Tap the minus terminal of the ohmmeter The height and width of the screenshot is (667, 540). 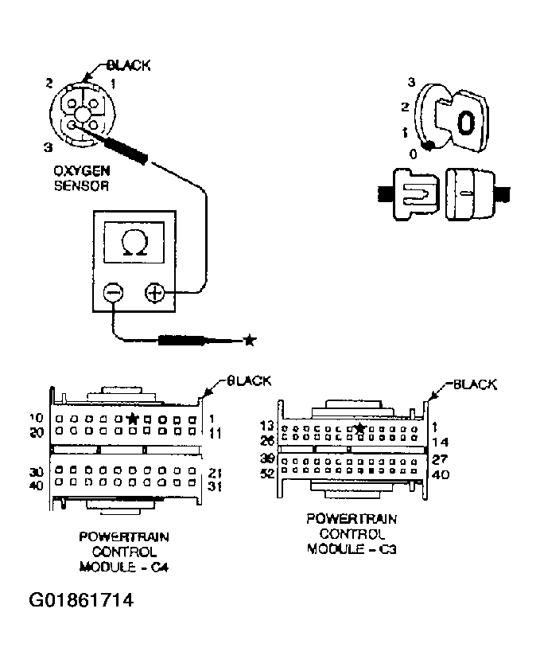point(114,293)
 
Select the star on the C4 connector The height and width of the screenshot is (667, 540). point(133,418)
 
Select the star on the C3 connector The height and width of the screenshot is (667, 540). point(360,428)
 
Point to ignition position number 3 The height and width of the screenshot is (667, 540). point(411,82)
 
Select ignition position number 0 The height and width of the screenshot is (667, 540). point(411,154)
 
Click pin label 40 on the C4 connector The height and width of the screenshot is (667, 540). point(37,485)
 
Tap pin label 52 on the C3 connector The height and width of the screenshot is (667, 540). point(267,474)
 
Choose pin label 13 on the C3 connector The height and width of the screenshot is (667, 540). point(267,427)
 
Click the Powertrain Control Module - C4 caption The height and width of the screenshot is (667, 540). point(124,551)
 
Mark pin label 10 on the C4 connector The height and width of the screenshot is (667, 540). point(37,418)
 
